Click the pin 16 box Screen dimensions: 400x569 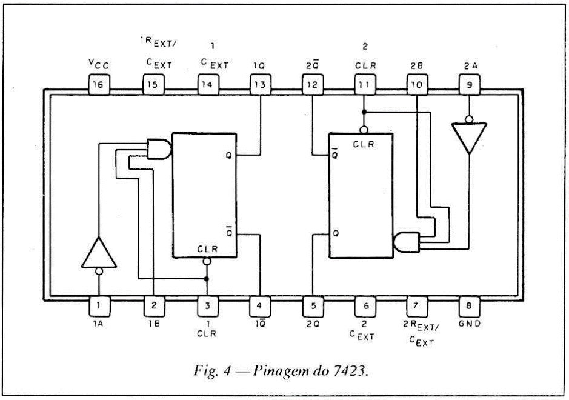tap(99, 84)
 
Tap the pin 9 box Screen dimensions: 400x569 tap(468, 84)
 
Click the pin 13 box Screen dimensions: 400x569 tap(260, 84)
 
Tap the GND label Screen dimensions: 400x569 tap(468, 324)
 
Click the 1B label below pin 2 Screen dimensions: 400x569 tap(152, 324)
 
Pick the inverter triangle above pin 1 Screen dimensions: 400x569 tap(98, 253)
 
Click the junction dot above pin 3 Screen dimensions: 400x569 tap(207, 279)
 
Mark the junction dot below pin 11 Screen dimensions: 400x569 tap(363, 112)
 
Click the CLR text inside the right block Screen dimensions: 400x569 tap(363, 144)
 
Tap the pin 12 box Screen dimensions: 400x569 tap(313, 84)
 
